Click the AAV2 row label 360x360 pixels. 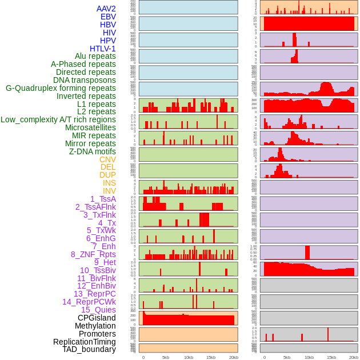[x=106, y=9]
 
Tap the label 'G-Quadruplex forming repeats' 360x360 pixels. [x=61, y=88]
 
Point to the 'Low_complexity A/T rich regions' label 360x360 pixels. [x=58, y=119]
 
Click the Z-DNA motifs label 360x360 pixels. [x=92, y=151]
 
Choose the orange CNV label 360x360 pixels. [x=107, y=159]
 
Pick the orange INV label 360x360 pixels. [x=109, y=191]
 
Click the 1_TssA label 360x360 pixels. [x=103, y=199]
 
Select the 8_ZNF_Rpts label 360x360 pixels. [x=93, y=254]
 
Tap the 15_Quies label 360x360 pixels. [x=98, y=310]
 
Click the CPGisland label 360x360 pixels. [x=97, y=318]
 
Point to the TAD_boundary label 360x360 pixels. [x=89, y=349]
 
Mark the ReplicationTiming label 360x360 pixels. [x=84, y=342]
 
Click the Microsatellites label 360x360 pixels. [x=90, y=127]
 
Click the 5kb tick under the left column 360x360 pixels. [x=166, y=357]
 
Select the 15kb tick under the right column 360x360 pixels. [x=331, y=357]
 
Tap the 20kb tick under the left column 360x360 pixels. [x=233, y=357]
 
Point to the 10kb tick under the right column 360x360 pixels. [x=309, y=357]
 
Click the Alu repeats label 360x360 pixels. [x=95, y=56]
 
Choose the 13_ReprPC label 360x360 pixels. [x=94, y=294]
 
